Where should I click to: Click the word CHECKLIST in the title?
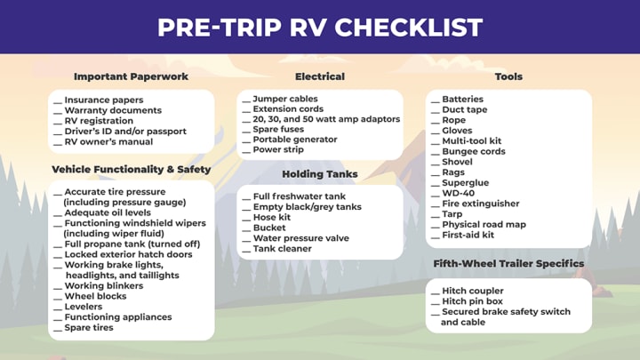coord(409,28)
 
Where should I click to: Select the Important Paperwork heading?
coord(131,76)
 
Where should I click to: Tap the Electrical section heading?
coord(320,76)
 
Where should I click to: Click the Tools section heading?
coord(508,76)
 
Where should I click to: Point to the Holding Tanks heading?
coord(320,174)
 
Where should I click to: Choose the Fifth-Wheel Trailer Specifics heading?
coord(508,264)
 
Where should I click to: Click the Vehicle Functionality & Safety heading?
coord(131,170)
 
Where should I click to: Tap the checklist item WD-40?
coord(459,193)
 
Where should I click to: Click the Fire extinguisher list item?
coord(481,204)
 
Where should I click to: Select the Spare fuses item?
coord(278,130)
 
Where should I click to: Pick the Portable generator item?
coord(295,140)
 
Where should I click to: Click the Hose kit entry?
coord(272,217)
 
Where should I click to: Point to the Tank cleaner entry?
coord(283,249)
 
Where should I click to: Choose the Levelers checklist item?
coord(84,307)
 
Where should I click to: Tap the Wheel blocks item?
coord(95,296)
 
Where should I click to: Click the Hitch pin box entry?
coord(472,301)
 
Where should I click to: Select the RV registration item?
coord(99,121)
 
